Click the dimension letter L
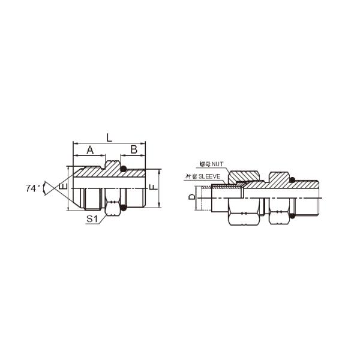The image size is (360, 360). (x=109, y=137)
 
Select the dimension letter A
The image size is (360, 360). (x=91, y=149)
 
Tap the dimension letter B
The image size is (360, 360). (x=134, y=149)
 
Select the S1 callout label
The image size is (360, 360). (x=92, y=220)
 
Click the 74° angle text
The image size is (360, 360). (x=33, y=188)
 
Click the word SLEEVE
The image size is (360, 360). (x=211, y=177)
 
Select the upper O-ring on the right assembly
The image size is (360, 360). (x=291, y=178)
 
